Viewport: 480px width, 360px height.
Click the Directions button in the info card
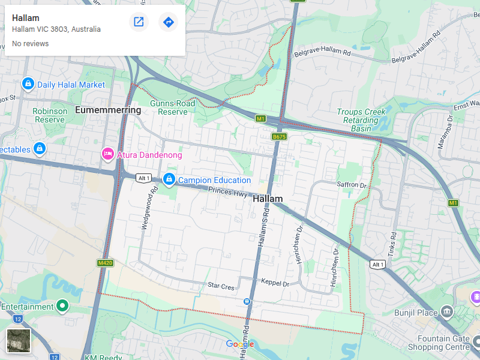pyautogui.click(x=169, y=22)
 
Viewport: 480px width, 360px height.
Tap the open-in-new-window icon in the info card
pyautogui.click(x=139, y=22)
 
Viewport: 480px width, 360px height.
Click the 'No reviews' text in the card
pyautogui.click(x=30, y=44)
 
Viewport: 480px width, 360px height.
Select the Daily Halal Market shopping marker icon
pyautogui.click(x=27, y=84)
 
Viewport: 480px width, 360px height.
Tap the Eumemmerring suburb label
pyautogui.click(x=108, y=110)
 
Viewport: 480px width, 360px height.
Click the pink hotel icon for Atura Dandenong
pyautogui.click(x=108, y=154)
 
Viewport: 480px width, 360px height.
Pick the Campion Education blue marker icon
pyautogui.click(x=169, y=179)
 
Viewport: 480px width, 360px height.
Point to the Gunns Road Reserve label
pyautogui.click(x=173, y=107)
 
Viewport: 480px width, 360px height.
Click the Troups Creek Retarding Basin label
pyautogui.click(x=361, y=120)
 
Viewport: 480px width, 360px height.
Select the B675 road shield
pyautogui.click(x=279, y=137)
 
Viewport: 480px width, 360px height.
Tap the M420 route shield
pyautogui.click(x=105, y=263)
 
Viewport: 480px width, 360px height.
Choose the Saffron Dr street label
pyautogui.click(x=351, y=185)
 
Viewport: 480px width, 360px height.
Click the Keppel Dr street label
pyautogui.click(x=275, y=282)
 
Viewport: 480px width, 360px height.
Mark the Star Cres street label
pyautogui.click(x=221, y=287)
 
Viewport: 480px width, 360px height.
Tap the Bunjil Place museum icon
pyautogui.click(x=446, y=311)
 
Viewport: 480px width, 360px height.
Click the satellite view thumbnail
pyautogui.click(x=19, y=341)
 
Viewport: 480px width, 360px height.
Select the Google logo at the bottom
pyautogui.click(x=240, y=344)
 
